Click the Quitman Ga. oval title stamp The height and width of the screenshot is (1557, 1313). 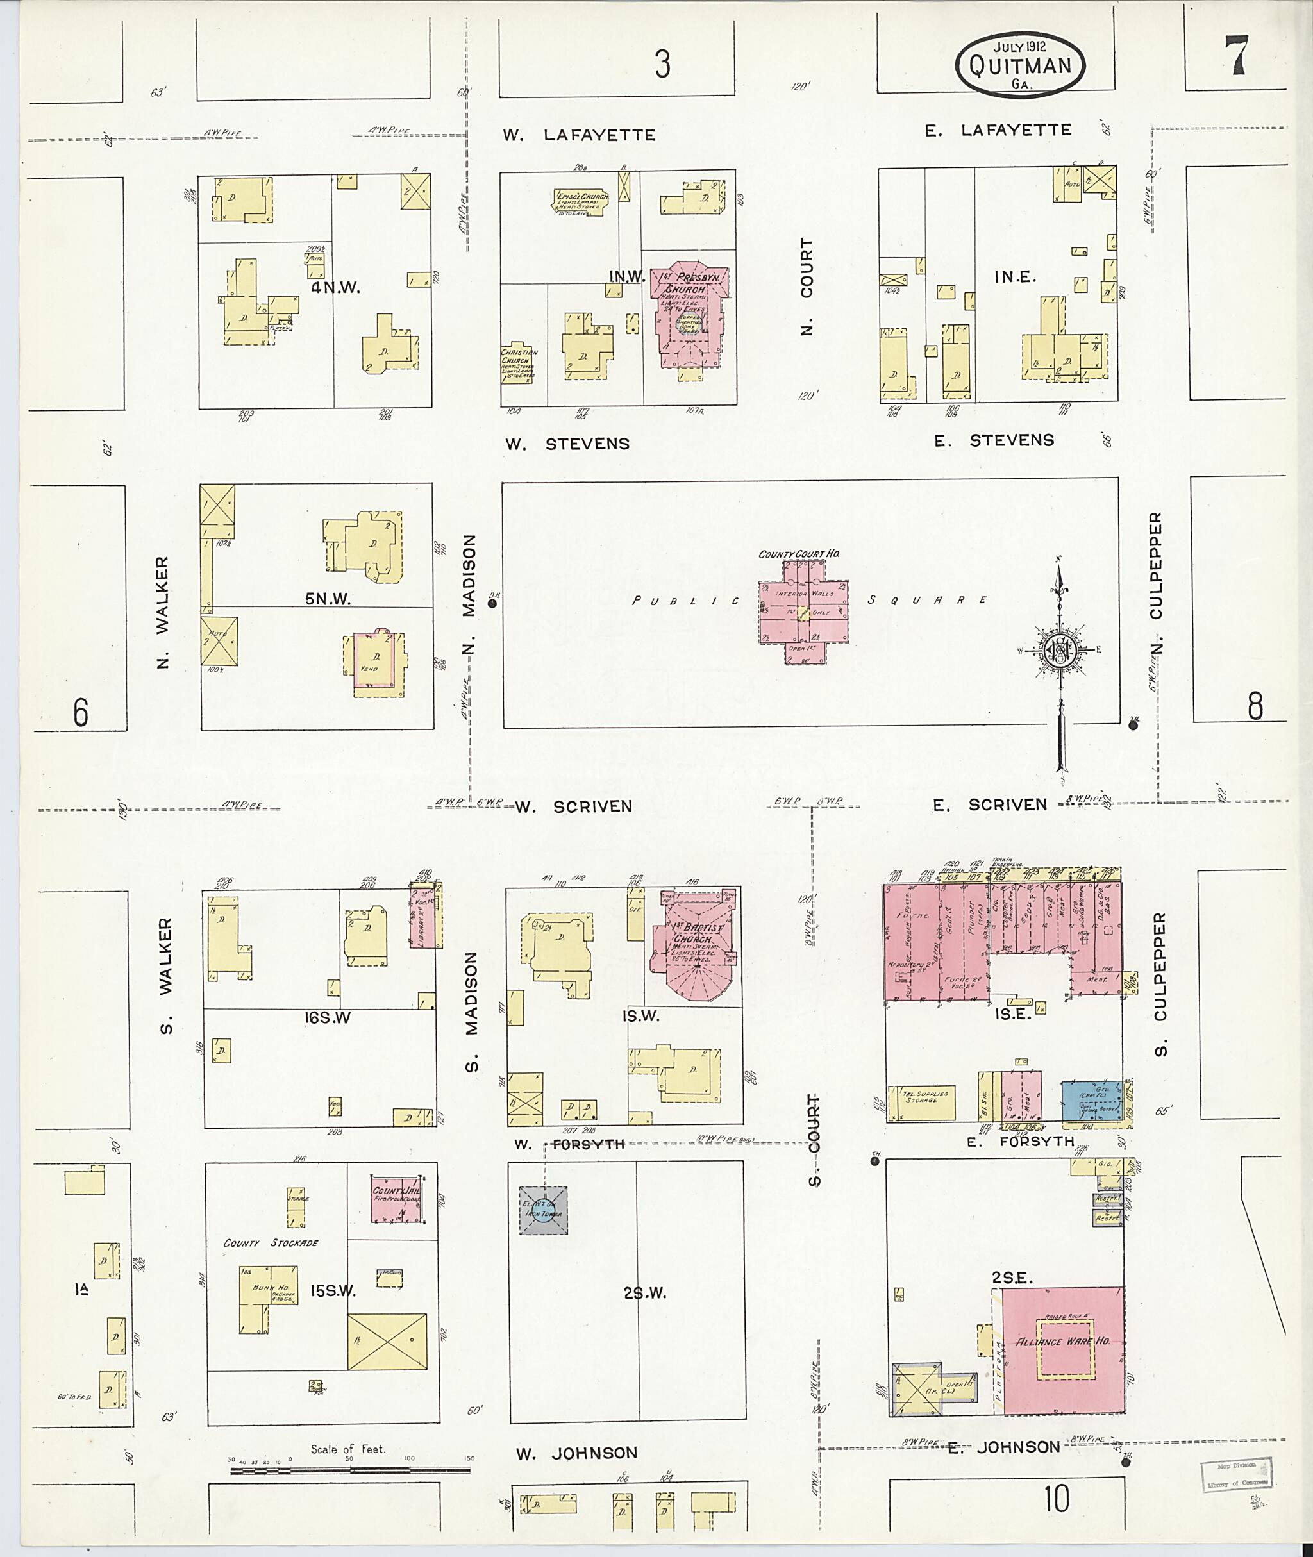(1021, 65)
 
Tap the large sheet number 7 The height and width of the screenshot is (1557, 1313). (1237, 56)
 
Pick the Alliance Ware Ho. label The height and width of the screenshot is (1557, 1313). (1063, 1340)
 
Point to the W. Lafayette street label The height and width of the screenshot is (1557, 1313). (579, 135)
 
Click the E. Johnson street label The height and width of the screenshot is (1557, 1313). (1004, 1447)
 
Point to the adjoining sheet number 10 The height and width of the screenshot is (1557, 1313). (1055, 1501)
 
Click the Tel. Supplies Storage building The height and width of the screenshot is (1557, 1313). (925, 1101)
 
